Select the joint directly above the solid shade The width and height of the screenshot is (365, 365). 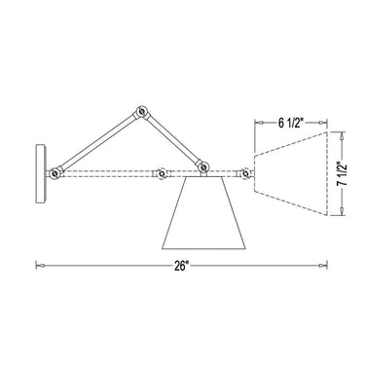[203, 169]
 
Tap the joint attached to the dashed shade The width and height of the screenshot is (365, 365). [246, 174]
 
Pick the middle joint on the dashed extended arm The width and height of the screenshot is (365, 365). [160, 175]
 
